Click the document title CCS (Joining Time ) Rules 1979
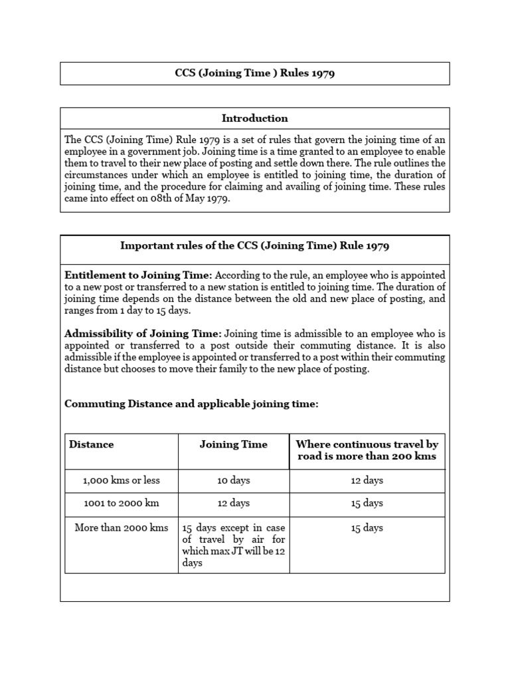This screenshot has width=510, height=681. pos(254,73)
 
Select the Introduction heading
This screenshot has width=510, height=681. pos(254,118)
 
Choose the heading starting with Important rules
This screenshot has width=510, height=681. pos(254,245)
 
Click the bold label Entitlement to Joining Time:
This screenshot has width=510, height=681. pos(138,275)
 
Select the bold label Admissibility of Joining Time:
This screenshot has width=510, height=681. pos(143,334)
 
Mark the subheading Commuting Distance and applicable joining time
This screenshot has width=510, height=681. pos(191,404)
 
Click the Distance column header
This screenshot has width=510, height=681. pos(92,444)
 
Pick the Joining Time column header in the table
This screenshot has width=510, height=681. pos(233,444)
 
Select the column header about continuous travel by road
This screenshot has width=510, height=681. pos(367,450)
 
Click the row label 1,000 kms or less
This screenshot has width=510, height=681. pos(122,480)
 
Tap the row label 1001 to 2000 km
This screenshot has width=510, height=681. pos(122,503)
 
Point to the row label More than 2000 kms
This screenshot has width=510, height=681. pos(122,528)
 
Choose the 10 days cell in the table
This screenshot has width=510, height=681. pos(233,480)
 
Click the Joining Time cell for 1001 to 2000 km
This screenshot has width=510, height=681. pos(233,503)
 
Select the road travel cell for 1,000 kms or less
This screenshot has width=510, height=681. pos(367,480)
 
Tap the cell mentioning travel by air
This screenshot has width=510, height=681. pos(233,545)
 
